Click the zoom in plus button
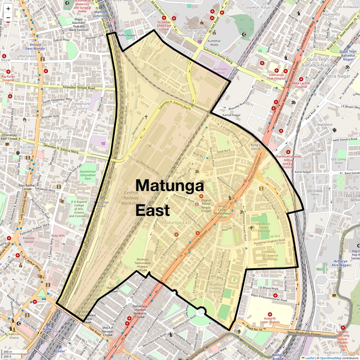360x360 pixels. (8, 9)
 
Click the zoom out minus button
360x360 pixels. (8, 18)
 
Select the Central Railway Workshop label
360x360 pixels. (131, 198)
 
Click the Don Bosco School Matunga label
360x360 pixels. (264, 227)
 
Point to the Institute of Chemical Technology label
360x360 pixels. (270, 255)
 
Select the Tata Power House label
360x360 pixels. (221, 71)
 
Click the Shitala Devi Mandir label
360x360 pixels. (35, 47)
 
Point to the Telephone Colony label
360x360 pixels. (81, 106)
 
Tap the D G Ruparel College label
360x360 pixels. (79, 209)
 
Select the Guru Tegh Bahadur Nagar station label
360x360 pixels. (348, 55)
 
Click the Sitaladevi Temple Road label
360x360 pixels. (79, 88)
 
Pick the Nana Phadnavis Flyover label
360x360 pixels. (304, 334)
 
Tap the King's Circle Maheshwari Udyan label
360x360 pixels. (223, 212)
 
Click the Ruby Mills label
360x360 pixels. (58, 236)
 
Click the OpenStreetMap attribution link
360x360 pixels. (331, 358)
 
